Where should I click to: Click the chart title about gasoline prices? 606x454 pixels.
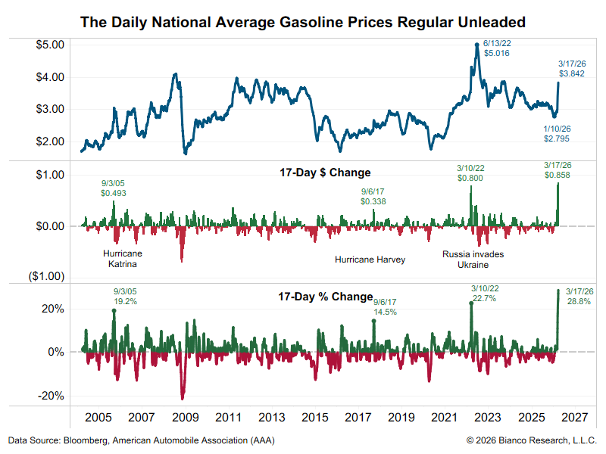pyautogui.click(x=303, y=23)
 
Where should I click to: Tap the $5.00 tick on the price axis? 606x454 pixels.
pyautogui.click(x=50, y=45)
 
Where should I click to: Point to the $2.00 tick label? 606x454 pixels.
pyautogui.click(x=50, y=141)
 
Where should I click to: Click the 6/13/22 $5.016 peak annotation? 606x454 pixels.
pyautogui.click(x=497, y=49)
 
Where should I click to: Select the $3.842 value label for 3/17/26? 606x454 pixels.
pyautogui.click(x=572, y=73)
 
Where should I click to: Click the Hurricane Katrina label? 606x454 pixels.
pyautogui.click(x=123, y=259)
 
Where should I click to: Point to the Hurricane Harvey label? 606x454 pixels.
pyautogui.click(x=370, y=260)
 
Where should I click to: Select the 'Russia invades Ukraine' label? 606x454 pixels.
pyautogui.click(x=473, y=260)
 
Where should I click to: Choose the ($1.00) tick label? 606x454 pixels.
pyautogui.click(x=47, y=276)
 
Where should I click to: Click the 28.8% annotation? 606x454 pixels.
pyautogui.click(x=578, y=301)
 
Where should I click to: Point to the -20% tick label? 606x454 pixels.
pyautogui.click(x=52, y=396)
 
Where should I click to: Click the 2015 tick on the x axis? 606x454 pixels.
pyautogui.click(x=314, y=418)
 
